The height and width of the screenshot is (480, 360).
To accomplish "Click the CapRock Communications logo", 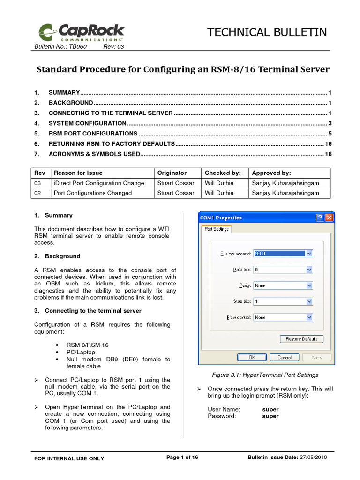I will click(x=81, y=32).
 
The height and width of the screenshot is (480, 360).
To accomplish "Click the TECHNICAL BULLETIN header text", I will click(x=267, y=32).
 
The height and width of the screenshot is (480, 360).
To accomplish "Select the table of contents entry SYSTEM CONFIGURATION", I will click(x=87, y=123).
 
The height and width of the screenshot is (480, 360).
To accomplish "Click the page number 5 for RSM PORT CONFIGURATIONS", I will click(x=330, y=134).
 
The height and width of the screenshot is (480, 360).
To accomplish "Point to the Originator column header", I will click(x=172, y=173).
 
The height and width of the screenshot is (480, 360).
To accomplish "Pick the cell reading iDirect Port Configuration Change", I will click(x=99, y=183).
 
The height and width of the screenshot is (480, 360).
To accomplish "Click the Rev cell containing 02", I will click(x=40, y=193).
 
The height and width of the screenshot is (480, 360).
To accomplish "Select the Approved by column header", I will click(x=271, y=173).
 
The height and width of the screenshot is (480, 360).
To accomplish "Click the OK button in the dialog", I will click(x=252, y=357).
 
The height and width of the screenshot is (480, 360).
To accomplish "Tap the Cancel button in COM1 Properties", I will click(x=285, y=357).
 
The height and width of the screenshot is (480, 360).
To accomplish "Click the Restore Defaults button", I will click(x=302, y=339).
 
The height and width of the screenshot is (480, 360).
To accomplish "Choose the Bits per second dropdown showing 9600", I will click(x=283, y=254).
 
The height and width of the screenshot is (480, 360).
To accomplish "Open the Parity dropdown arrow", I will click(x=309, y=285).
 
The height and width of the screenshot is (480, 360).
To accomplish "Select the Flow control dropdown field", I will click(x=283, y=317).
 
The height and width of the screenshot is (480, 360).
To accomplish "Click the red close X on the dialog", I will click(x=329, y=217).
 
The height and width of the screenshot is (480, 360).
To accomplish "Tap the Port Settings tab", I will click(x=216, y=229).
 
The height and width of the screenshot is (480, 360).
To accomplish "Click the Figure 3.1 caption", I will click(x=265, y=375).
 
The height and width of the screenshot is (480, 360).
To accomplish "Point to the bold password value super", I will click(x=270, y=416).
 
